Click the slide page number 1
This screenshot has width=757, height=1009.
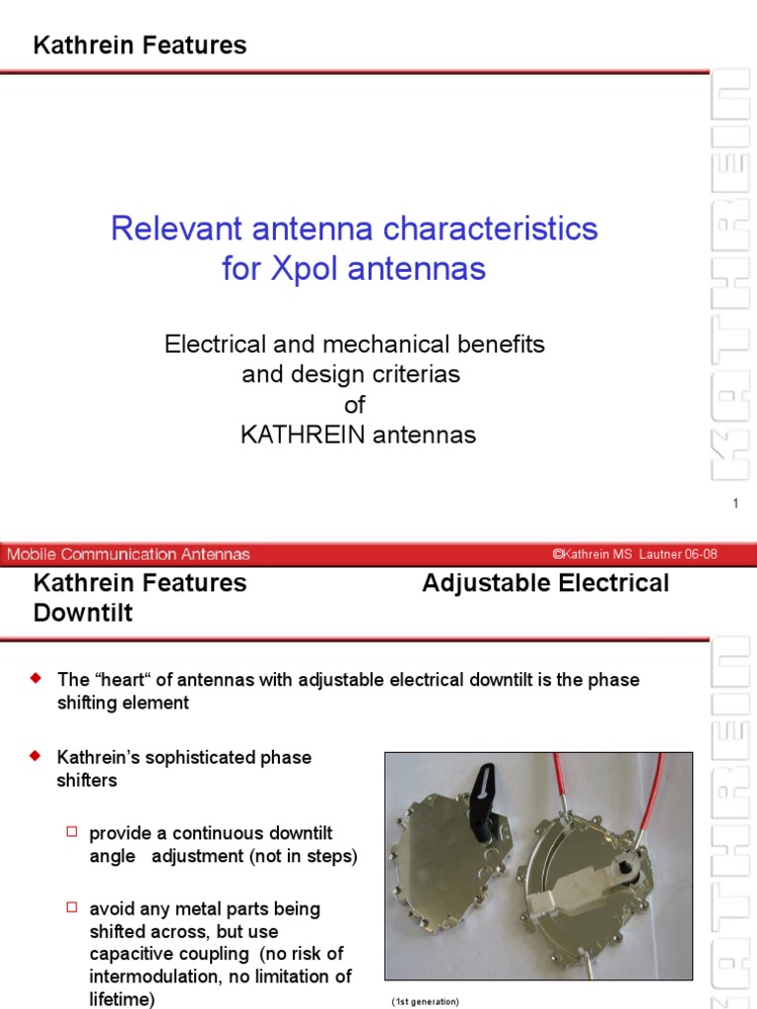pos(735,504)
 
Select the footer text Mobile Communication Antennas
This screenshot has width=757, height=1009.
pos(129,555)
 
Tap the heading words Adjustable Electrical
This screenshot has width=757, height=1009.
pos(545,583)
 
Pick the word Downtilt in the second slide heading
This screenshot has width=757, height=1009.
pos(83,614)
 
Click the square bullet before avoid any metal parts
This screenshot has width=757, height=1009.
pos(71,908)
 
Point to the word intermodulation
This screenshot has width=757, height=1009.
pos(148,977)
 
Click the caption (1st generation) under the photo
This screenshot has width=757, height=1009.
pos(425,1002)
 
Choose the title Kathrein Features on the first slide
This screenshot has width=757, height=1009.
pos(140,45)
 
